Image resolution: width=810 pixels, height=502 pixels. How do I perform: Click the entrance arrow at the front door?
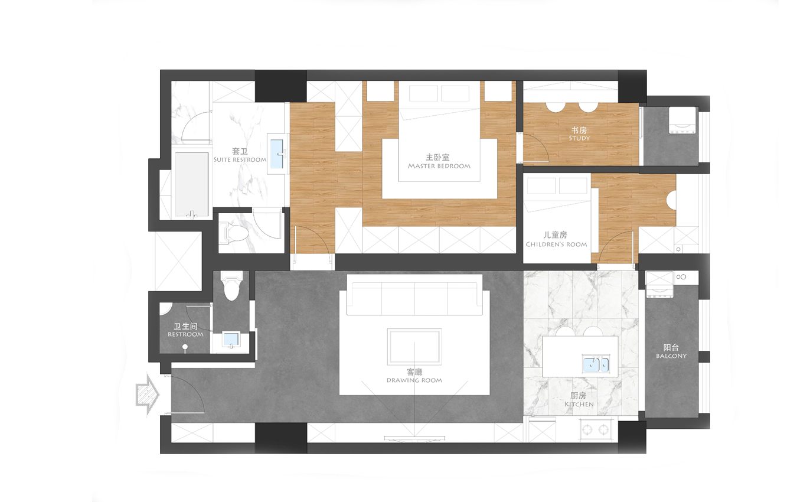tap(148, 394)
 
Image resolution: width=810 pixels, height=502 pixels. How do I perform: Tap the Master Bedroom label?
tap(439, 161)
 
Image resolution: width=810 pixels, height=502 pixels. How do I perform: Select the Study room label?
tap(579, 133)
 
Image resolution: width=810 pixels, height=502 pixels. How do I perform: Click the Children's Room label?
tap(556, 239)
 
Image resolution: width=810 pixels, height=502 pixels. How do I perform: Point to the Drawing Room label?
tap(414, 376)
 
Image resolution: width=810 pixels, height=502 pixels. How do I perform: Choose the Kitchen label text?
tap(579, 400)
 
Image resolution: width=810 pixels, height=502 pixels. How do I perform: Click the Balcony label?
tap(671, 351)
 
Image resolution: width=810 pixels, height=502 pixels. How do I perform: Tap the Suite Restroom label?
tap(240, 155)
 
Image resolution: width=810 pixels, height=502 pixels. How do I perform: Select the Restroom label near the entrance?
tap(185, 330)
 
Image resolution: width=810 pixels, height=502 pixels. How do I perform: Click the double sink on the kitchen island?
tap(595, 364)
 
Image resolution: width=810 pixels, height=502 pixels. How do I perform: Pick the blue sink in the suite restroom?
tap(277, 154)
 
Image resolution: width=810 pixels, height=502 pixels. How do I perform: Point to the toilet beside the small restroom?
tap(231, 286)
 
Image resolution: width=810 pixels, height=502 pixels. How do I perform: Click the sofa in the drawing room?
tap(414, 295)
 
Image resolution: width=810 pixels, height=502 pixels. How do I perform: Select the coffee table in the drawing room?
tap(414, 347)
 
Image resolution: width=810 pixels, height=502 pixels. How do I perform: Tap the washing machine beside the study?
tap(682, 120)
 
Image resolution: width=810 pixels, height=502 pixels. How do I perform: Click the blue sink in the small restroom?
tap(231, 340)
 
